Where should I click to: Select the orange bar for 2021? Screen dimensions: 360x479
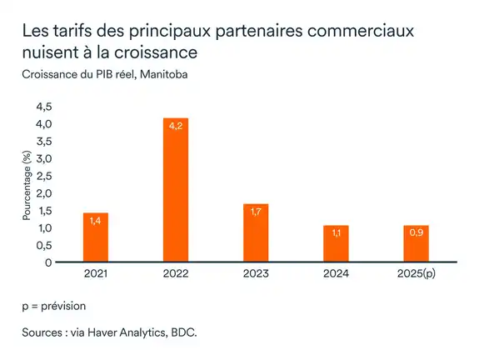(x=96, y=237)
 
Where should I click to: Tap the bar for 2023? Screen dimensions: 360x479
(x=256, y=233)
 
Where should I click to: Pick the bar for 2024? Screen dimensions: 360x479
(x=336, y=243)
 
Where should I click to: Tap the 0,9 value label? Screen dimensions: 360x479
(x=416, y=234)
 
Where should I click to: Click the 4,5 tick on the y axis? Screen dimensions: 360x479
(x=42, y=107)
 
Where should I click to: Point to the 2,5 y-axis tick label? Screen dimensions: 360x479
(x=42, y=176)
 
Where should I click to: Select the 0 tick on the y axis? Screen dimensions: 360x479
(x=48, y=262)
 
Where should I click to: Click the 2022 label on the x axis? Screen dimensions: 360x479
(x=176, y=274)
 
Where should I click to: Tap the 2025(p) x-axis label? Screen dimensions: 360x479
(x=416, y=274)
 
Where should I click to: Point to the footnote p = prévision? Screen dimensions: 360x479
(x=54, y=306)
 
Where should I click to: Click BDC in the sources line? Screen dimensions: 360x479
(x=183, y=332)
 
